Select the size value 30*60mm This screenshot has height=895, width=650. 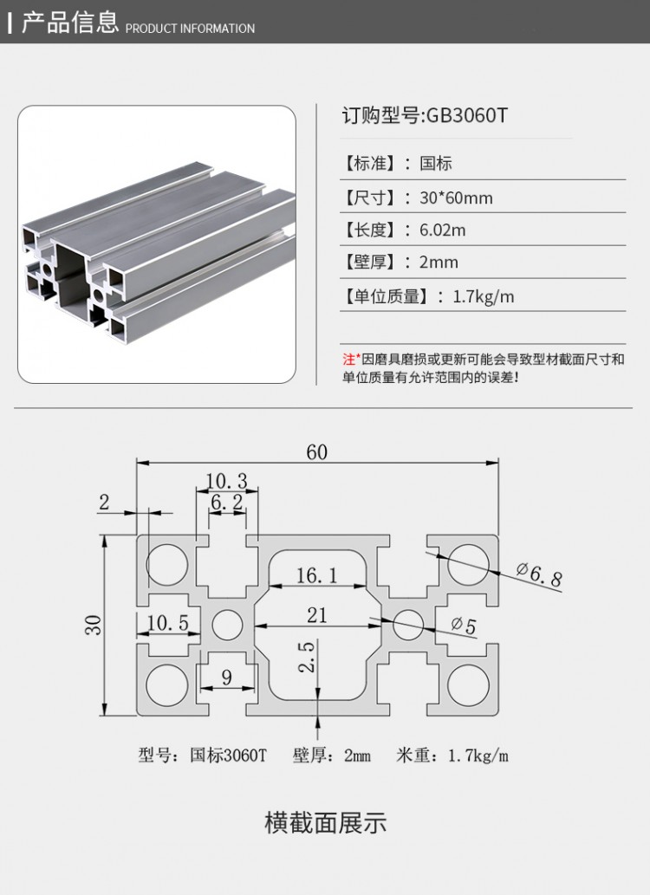(x=456, y=198)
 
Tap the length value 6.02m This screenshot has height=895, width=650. (x=442, y=230)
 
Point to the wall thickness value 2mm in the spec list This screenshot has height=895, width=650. (x=439, y=263)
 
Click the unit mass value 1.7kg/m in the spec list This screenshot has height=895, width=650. (x=484, y=296)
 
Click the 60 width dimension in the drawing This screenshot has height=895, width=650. (x=317, y=452)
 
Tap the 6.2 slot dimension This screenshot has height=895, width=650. (x=226, y=502)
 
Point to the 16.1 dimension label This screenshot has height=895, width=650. (x=316, y=574)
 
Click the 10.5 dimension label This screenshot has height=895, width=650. (x=167, y=622)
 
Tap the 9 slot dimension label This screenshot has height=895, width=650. (x=227, y=678)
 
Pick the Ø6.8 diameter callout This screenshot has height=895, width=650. (x=540, y=574)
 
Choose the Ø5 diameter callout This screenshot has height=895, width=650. (x=464, y=626)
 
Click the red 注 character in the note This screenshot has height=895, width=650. (x=348, y=359)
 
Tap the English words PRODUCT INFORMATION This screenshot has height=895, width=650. (x=191, y=29)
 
